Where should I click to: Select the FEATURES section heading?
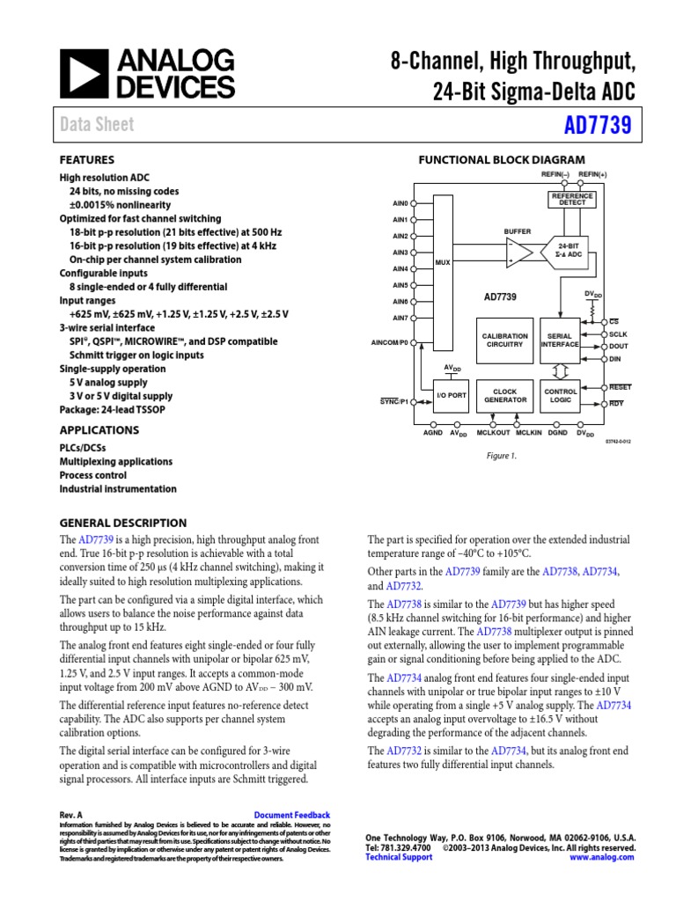[86, 160]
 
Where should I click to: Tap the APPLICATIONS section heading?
[99, 430]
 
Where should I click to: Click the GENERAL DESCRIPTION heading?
[122, 523]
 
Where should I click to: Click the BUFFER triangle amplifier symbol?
[519, 254]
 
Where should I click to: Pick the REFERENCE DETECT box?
[572, 199]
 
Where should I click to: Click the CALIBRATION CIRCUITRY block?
[504, 341]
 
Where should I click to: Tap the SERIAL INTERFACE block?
[561, 341]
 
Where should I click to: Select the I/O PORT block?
[452, 396]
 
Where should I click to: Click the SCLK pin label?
[619, 334]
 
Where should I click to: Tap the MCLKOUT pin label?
[494, 433]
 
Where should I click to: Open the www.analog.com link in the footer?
[602, 857]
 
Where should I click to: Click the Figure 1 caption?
[503, 456]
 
